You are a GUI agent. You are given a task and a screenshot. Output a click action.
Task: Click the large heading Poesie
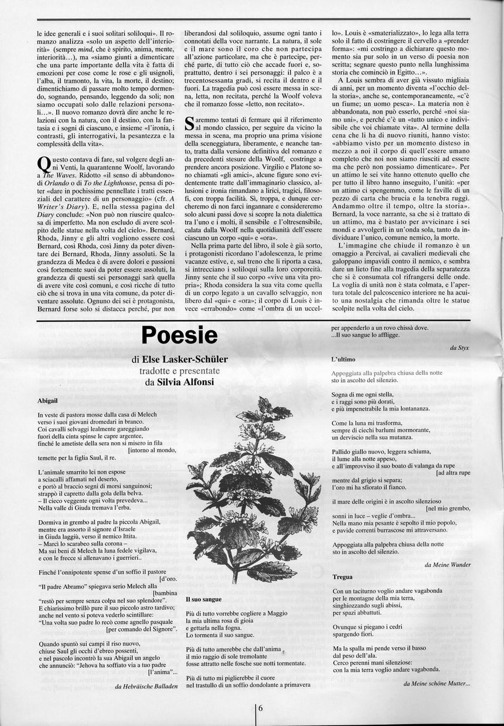(x=180, y=336)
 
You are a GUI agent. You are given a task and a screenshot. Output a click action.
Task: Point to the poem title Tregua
(x=342, y=577)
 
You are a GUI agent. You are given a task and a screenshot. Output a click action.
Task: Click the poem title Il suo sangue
(x=203, y=600)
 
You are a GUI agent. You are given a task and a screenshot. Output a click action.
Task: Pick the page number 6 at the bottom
(x=260, y=707)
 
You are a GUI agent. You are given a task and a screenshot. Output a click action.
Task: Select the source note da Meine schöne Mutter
(x=437, y=683)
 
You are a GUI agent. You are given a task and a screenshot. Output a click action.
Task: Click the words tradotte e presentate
(x=179, y=371)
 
